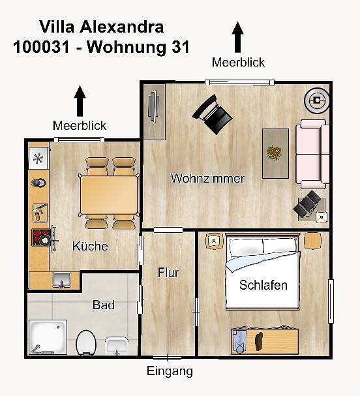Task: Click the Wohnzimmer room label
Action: tap(207, 178)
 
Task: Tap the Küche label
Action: tap(90, 247)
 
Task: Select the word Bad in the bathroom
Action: tap(104, 305)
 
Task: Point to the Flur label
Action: tap(168, 273)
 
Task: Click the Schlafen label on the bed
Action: tap(263, 285)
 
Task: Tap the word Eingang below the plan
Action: tap(170, 372)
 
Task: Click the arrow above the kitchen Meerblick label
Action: tap(80, 101)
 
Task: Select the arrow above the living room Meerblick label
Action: tap(238, 37)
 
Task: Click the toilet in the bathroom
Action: tap(85, 341)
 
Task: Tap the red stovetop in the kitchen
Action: tap(40, 237)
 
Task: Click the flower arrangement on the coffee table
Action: tap(275, 153)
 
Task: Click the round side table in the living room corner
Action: tap(317, 100)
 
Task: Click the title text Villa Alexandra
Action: tap(101, 27)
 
